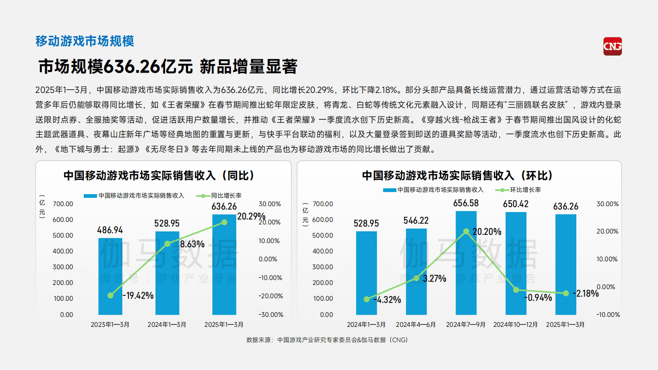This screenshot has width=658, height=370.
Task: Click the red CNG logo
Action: pos(612,46)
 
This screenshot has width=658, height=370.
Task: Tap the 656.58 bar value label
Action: pos(466,203)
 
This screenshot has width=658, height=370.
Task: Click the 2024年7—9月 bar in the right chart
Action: pos(466,265)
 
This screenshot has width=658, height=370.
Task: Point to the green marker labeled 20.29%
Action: pos(224,222)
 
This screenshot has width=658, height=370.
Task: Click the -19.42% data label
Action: pos(138,295)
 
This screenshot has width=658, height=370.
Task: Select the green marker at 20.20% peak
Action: pos(466,231)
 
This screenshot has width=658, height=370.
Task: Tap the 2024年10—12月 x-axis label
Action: pos(515,324)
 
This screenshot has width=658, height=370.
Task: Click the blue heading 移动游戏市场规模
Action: pos(85,41)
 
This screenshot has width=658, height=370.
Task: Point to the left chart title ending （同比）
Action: pos(159,175)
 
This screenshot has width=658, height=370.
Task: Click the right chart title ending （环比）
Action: pos(458,175)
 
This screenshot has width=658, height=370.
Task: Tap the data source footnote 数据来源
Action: pos(327,340)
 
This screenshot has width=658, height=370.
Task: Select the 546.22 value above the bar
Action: pos(416,221)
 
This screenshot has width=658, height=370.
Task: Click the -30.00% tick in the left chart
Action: pos(271,314)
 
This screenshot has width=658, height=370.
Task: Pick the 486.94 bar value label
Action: pos(110,230)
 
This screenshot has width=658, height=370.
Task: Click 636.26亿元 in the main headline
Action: pos(148,66)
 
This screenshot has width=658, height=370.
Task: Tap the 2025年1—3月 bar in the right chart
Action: pos(566,265)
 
